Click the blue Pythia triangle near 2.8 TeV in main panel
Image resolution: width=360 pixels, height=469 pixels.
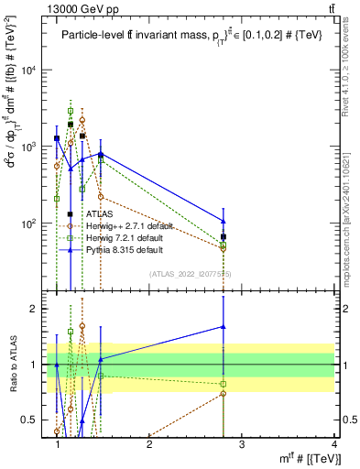point(224,221)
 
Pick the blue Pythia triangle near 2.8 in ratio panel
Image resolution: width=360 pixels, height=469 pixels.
point(224,326)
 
